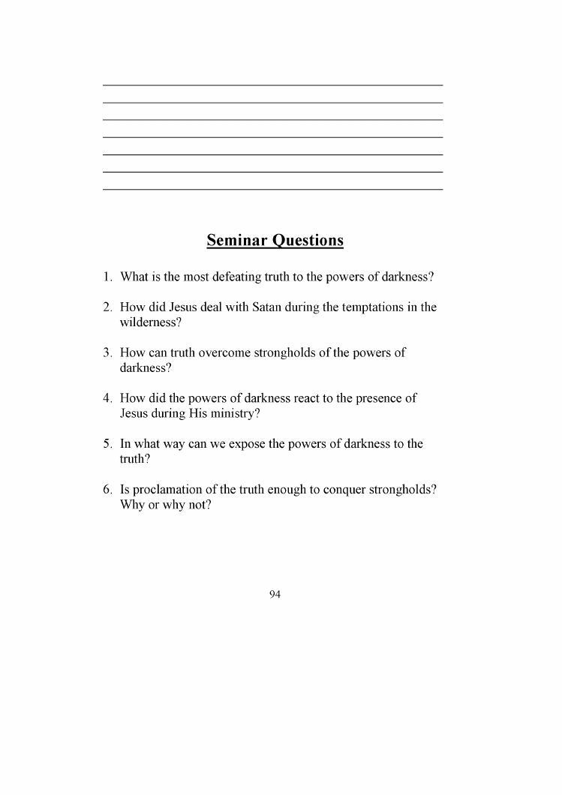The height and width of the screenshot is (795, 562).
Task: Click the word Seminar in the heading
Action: click(x=237, y=241)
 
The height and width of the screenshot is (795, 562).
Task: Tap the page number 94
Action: click(x=275, y=595)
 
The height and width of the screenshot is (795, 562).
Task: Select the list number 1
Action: click(x=108, y=277)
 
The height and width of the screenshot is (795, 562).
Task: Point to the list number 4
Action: click(x=108, y=398)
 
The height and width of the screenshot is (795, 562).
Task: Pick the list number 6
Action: click(x=108, y=490)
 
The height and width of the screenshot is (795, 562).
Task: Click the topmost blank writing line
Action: click(x=272, y=85)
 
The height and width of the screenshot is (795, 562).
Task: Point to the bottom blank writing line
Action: click(x=272, y=189)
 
